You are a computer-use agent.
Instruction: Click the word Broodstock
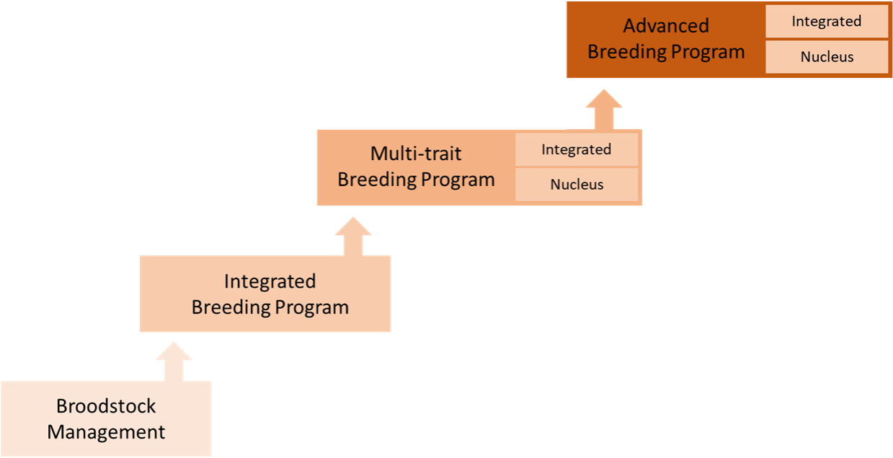[x=106, y=406]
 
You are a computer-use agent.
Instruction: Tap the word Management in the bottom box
[x=106, y=432]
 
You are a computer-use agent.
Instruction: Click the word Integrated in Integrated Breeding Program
[x=270, y=281]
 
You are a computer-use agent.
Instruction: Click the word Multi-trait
[x=416, y=153]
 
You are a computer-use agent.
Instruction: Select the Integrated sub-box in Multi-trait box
[x=576, y=149]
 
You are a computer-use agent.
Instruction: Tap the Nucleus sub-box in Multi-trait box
[x=576, y=184]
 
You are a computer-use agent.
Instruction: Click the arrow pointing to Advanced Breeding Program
[x=603, y=110]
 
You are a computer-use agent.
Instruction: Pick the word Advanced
[x=666, y=26]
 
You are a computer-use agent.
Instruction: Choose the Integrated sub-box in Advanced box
[x=826, y=21]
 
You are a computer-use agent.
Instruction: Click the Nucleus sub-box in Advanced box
[x=826, y=56]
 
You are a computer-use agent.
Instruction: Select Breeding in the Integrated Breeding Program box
[x=230, y=307]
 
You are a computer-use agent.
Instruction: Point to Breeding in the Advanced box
[x=626, y=52]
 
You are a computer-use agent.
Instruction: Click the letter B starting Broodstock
[x=61, y=406]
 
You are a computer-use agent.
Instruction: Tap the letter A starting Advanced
[x=629, y=26]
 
